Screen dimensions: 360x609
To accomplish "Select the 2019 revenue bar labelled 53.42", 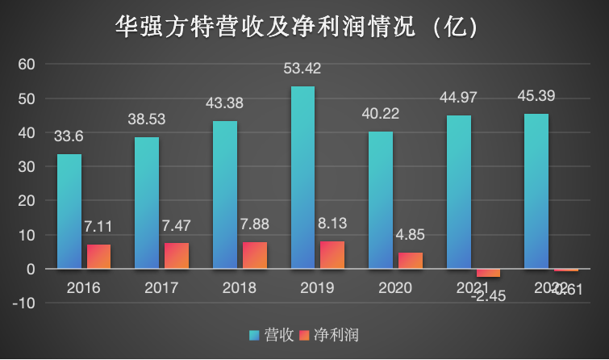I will click(302, 178).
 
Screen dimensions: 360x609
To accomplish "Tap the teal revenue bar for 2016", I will click(69, 211).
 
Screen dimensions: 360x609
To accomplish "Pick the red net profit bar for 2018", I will click(254, 255).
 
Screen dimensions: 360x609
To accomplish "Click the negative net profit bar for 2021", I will click(488, 273).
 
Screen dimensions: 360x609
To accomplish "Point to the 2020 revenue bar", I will click(381, 200).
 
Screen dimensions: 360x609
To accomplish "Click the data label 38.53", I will click(147, 119).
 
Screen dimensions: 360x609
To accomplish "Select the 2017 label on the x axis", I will click(161, 287).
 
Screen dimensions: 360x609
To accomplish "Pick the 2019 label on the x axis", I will click(317, 287).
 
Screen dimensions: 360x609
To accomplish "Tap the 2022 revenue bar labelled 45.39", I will click(536, 191).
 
